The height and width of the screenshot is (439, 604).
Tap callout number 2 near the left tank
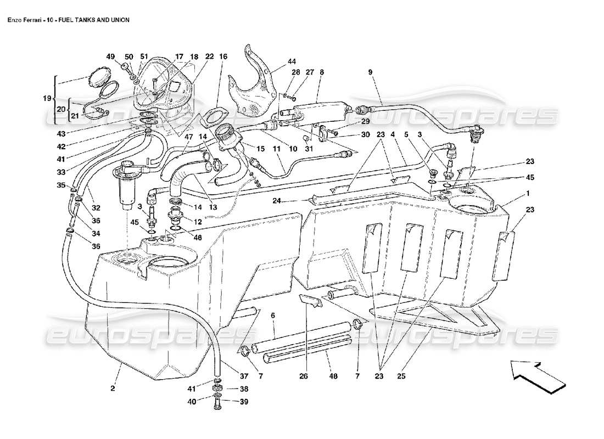pyautogui.click(x=112, y=389)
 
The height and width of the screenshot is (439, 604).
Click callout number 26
pyautogui.click(x=303, y=377)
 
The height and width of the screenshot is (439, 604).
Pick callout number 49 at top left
pyautogui.click(x=111, y=57)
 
